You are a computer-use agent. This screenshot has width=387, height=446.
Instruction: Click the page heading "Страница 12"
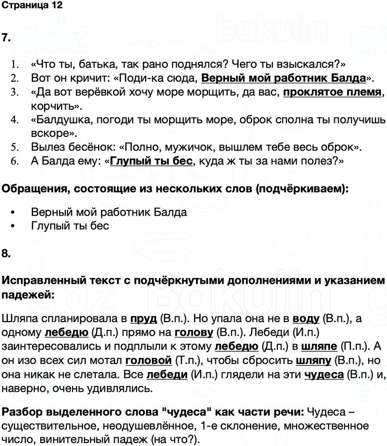[x=32, y=6]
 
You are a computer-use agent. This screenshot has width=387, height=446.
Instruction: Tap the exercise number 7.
[x=6, y=38]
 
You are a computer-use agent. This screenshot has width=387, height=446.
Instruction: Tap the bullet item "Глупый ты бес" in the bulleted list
[x=70, y=225]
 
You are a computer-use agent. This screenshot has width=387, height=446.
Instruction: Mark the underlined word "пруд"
[x=144, y=319]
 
